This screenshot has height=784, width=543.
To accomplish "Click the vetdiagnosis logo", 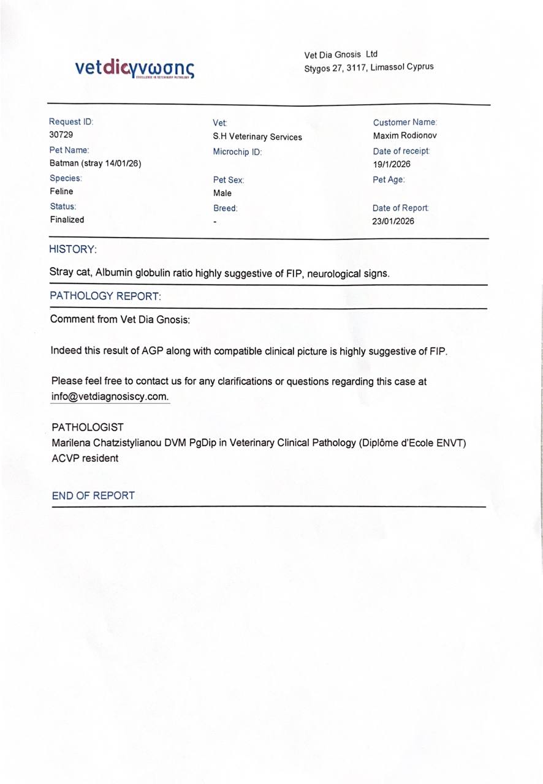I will pyautogui.click(x=135, y=67).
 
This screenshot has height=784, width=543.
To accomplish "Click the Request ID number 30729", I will pyautogui.click(x=61, y=135).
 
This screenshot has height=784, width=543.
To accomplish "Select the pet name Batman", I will pyautogui.click(x=64, y=164).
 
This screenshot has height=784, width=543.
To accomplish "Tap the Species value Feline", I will pyautogui.click(x=61, y=191).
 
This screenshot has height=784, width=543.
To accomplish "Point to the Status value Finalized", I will pyautogui.click(x=67, y=219).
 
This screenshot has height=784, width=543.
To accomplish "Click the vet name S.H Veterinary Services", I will pyautogui.click(x=257, y=137).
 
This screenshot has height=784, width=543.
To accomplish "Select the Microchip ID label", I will pyautogui.click(x=237, y=152).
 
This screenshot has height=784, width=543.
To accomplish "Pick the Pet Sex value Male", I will pyautogui.click(x=222, y=194).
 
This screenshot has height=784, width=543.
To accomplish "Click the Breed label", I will pyautogui.click(x=225, y=208).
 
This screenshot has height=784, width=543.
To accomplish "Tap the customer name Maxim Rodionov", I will pyautogui.click(x=405, y=135).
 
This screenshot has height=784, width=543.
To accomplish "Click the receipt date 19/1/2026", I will pyautogui.click(x=392, y=164).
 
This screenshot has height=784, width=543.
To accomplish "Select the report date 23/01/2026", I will pyautogui.click(x=393, y=222).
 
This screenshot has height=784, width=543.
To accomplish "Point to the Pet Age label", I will pyautogui.click(x=389, y=180).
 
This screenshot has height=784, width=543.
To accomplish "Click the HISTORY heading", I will pyautogui.click(x=73, y=249).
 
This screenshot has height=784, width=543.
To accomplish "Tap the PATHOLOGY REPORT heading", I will pyautogui.click(x=105, y=296).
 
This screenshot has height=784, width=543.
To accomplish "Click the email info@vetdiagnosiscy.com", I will pyautogui.click(x=110, y=396).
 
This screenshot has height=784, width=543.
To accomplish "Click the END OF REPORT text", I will pyautogui.click(x=93, y=496).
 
